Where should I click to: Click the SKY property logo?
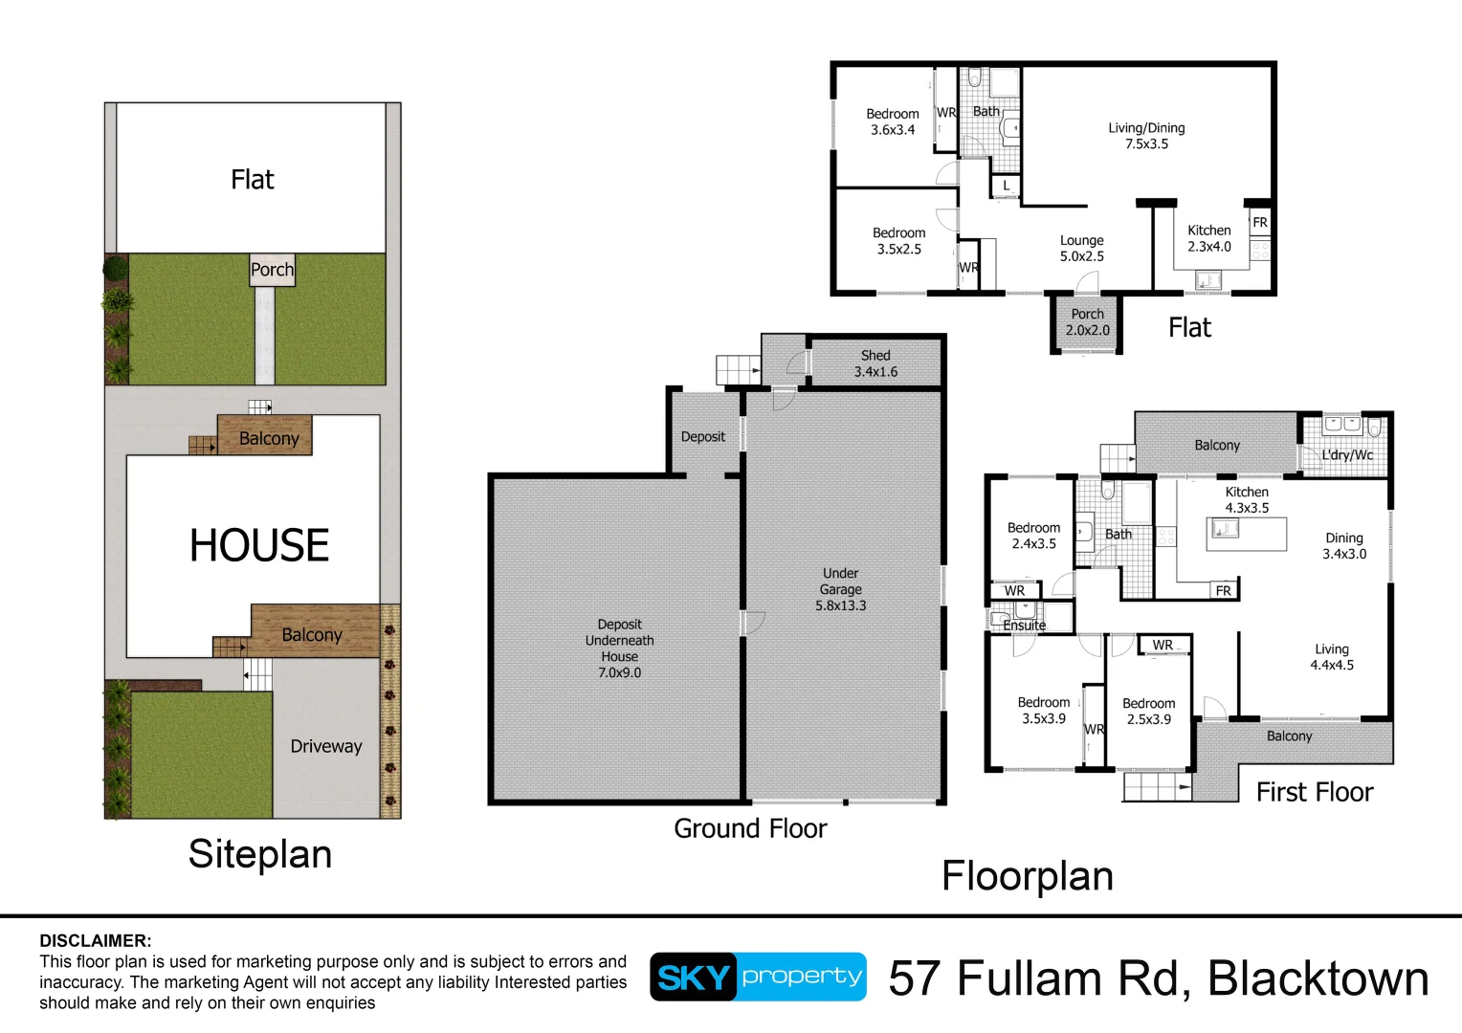758,977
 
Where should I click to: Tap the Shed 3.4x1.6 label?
875,363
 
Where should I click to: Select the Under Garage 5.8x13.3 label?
840,589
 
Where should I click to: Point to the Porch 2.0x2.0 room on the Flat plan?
1087,322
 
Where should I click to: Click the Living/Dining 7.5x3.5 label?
1146,136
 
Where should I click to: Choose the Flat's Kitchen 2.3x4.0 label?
1208,238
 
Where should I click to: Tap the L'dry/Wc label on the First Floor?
1346,455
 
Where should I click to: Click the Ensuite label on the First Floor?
1024,626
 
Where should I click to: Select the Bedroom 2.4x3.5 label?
1033,536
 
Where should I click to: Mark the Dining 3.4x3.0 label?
1343,546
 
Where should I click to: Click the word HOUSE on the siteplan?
259,546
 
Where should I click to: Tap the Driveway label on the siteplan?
326,746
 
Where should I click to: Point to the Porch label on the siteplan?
272,270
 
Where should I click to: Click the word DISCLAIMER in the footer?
96,940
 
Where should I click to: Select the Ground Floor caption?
750,828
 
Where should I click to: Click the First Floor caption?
1314,792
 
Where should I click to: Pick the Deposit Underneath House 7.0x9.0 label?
619,648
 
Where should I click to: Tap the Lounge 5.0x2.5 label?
1081,249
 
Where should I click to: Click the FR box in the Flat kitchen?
1260,222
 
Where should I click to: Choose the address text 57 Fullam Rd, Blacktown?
1158,978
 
